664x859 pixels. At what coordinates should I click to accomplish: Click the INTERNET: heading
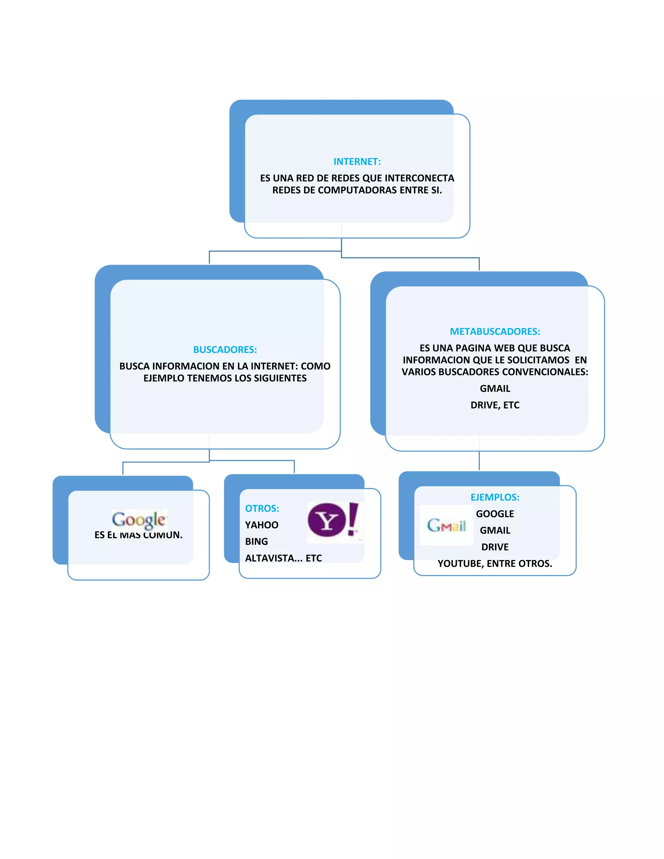(357, 162)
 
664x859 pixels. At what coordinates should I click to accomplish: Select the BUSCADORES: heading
(225, 350)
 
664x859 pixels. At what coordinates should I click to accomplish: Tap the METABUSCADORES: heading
(494, 332)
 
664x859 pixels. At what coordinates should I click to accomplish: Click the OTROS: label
(262, 508)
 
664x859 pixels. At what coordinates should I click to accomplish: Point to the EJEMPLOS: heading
(494, 497)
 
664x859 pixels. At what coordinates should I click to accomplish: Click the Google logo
(139, 520)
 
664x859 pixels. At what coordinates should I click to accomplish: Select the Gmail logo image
(446, 525)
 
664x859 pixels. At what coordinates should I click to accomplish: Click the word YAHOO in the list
(262, 525)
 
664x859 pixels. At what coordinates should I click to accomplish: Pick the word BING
(256, 542)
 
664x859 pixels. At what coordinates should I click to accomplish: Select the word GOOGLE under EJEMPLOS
(494, 514)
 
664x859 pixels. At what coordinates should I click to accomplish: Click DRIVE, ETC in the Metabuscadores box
(494, 405)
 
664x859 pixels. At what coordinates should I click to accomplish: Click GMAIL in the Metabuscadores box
(494, 389)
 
